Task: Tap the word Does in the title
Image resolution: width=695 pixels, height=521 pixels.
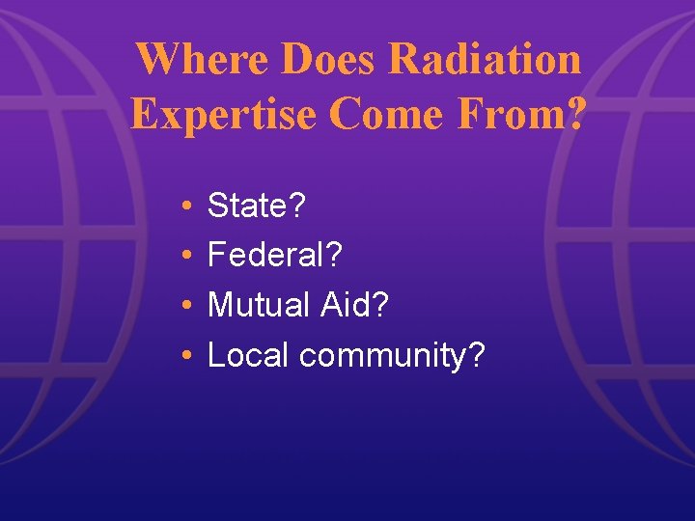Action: (x=327, y=60)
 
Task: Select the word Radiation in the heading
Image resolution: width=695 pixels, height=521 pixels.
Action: (x=486, y=60)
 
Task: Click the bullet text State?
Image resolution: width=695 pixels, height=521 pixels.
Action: (x=258, y=205)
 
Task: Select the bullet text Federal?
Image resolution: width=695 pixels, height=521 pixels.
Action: (x=275, y=255)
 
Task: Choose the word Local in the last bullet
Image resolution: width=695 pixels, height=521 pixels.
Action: (x=248, y=355)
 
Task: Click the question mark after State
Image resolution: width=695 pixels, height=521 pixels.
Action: (x=299, y=205)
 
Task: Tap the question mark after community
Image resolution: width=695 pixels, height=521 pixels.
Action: (x=476, y=355)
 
